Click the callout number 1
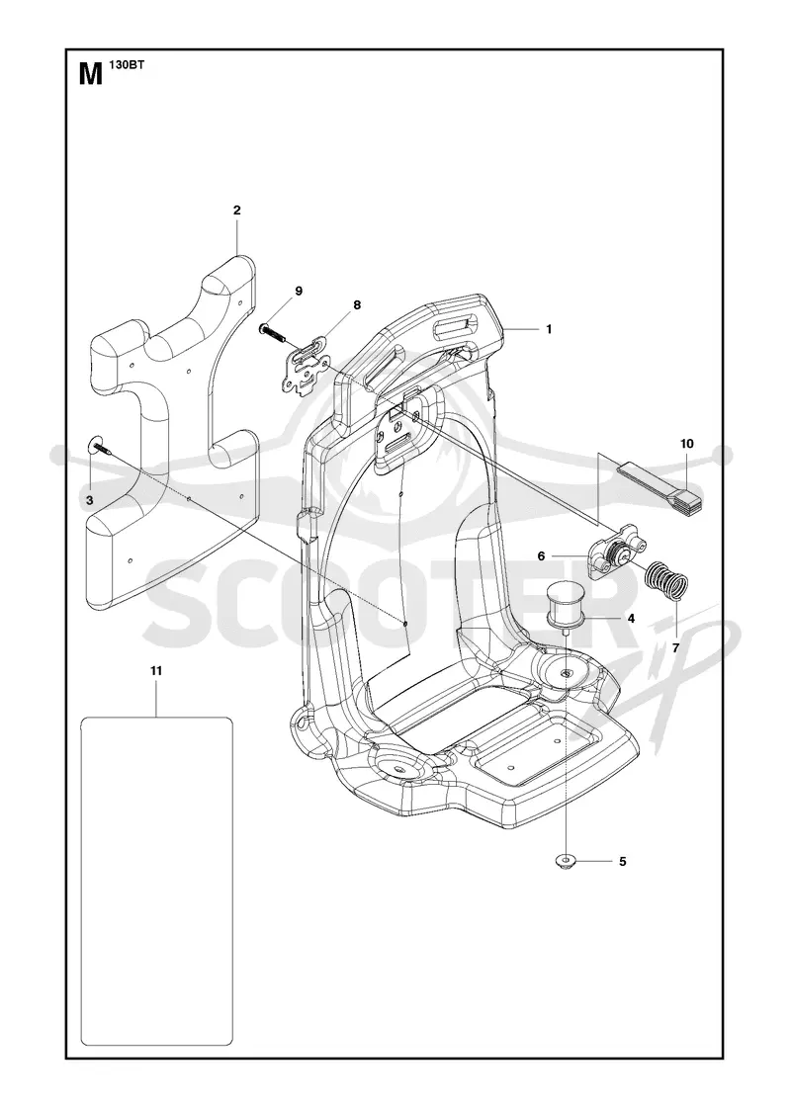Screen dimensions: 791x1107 pos(549,329)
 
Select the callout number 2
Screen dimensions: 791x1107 pos(236,210)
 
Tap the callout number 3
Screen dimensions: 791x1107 pos(90,499)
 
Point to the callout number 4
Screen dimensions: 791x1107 pos(631,618)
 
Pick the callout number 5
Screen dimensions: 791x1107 pos(622,861)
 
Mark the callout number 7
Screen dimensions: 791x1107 pos(675,646)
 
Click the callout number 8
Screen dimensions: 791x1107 pos(357,305)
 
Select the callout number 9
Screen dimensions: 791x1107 pos(298,291)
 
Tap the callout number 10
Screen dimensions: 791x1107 pos(687,444)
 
